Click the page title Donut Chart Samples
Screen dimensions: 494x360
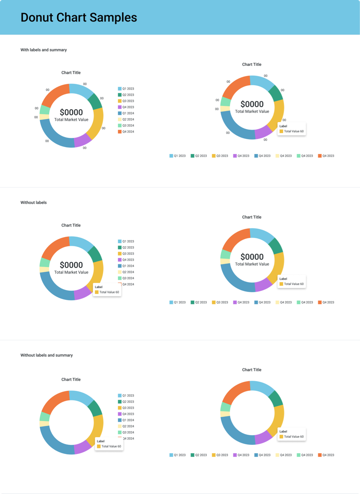[x=79, y=18]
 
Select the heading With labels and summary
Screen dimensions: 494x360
[x=43, y=50]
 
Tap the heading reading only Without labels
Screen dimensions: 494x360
[x=33, y=203]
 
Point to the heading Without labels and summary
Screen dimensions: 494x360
[x=47, y=355]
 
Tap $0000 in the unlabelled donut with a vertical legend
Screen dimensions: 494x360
[x=71, y=265]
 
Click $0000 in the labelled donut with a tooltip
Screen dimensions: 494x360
[x=252, y=104]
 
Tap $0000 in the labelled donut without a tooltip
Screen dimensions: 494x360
[x=71, y=112]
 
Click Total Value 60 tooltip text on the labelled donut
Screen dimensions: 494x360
[x=294, y=131]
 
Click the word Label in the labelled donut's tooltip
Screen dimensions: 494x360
[x=283, y=126]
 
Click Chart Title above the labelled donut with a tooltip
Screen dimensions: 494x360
[x=252, y=65]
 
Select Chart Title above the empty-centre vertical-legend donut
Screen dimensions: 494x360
[x=71, y=379]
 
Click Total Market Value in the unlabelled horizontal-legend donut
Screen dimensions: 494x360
[x=252, y=264]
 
